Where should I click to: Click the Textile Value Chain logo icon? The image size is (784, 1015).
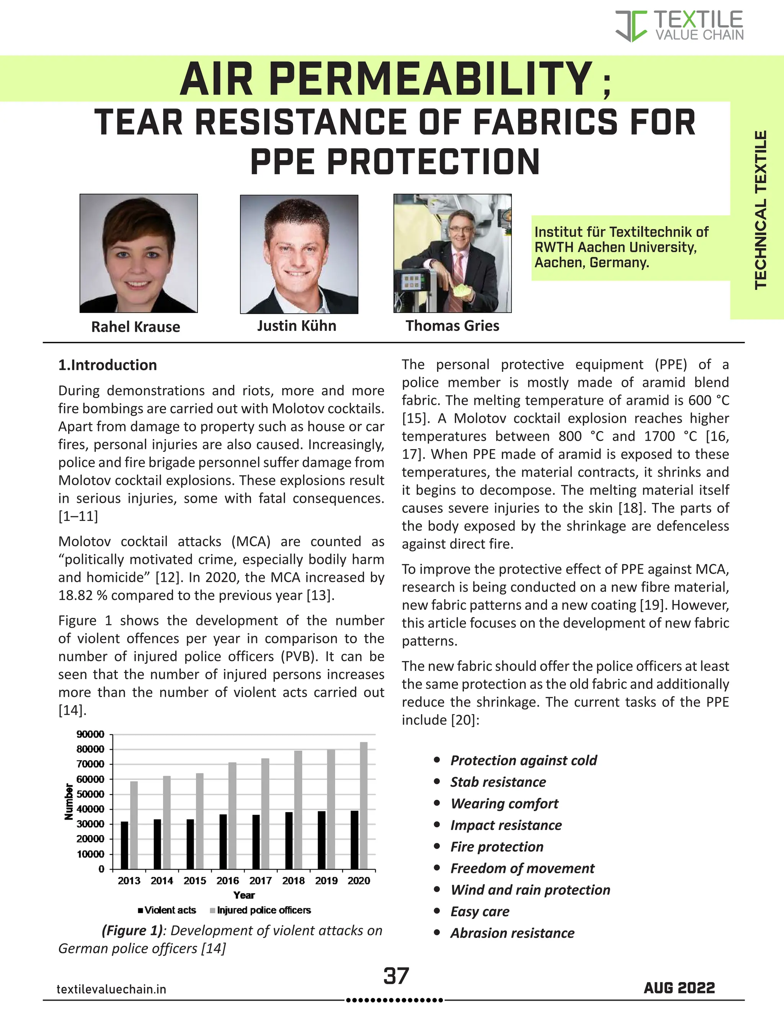pyautogui.click(x=631, y=26)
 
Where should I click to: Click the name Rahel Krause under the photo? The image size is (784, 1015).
pyautogui.click(x=136, y=327)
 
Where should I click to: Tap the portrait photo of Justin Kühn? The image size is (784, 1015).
pyautogui.click(x=299, y=254)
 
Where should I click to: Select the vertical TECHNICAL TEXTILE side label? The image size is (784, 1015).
pyautogui.click(x=760, y=210)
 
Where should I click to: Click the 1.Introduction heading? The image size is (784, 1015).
pyautogui.click(x=107, y=365)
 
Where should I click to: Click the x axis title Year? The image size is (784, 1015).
pyautogui.click(x=244, y=895)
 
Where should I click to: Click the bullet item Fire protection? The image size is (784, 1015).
pyautogui.click(x=497, y=847)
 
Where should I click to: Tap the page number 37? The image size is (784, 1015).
pyautogui.click(x=396, y=976)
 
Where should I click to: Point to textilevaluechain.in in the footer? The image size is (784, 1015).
pyautogui.click(x=111, y=989)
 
